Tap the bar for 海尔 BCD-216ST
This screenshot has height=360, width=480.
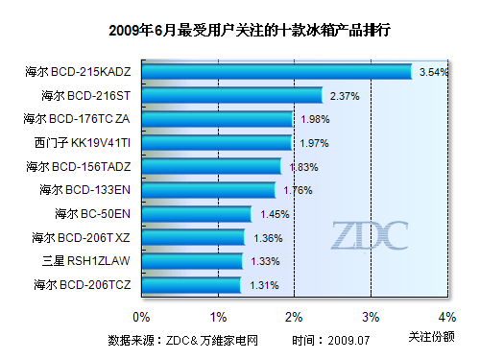click(x=232, y=95)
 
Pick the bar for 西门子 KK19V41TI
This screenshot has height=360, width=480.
click(x=217, y=143)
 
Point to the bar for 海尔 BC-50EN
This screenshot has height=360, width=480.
click(x=197, y=214)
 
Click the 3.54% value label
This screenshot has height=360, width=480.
click(x=434, y=72)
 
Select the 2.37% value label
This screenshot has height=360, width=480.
click(x=344, y=96)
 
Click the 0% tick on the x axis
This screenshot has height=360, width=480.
click(x=142, y=316)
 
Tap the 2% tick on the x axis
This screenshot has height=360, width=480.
click(x=294, y=316)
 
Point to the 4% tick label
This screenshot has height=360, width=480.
click(x=445, y=316)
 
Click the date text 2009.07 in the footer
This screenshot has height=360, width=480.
click(x=348, y=340)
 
